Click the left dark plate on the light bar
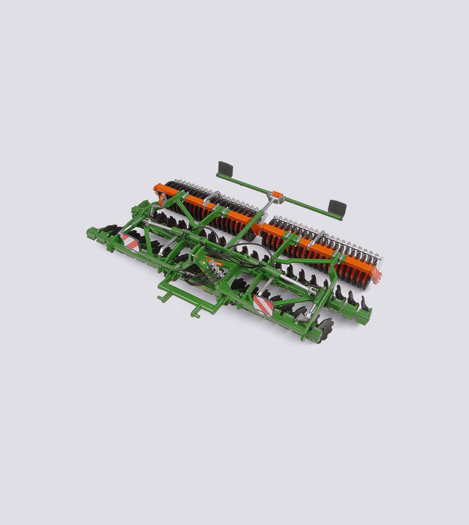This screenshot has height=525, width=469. click(225, 169)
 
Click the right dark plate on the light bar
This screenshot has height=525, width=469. click(336, 209)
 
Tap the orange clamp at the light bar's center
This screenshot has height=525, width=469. click(277, 196)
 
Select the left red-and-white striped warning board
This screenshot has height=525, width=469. click(130, 242)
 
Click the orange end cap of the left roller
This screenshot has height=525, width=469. click(158, 192)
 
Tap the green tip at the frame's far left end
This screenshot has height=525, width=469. click(91, 235)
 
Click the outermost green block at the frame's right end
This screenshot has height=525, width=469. click(363, 313)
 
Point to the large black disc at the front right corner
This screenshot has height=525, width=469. click(323, 327)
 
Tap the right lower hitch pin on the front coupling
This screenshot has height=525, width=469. click(197, 313)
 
